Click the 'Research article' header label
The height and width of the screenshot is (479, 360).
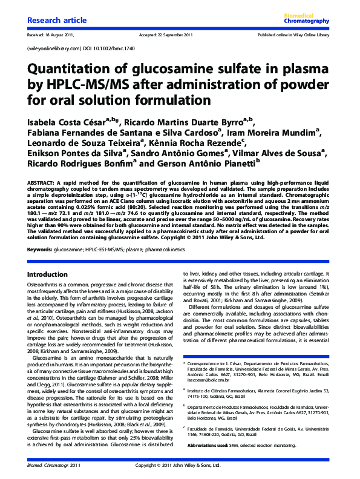tap(55, 21)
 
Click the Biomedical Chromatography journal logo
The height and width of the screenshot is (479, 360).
tap(306, 18)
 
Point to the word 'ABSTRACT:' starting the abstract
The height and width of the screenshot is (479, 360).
tap(43, 182)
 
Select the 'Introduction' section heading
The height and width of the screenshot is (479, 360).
tap(48, 274)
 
